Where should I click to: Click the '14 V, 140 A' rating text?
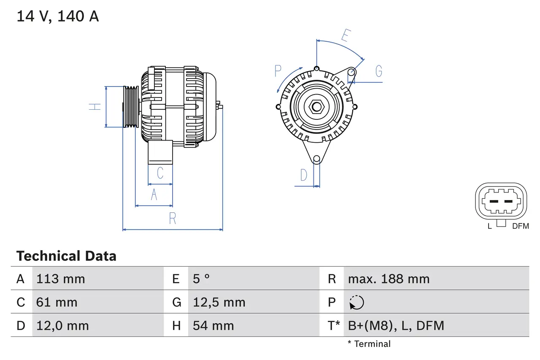point(57,16)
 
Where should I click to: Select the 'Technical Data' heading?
point(66,256)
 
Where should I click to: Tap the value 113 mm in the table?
point(61,279)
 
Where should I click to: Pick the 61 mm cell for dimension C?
point(57,302)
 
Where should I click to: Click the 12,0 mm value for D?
point(62,325)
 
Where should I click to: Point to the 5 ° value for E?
point(201,279)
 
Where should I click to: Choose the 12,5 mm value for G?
point(219,302)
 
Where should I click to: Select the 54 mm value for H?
point(213,325)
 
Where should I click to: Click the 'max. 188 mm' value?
point(389,279)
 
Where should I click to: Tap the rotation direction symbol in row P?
point(356,302)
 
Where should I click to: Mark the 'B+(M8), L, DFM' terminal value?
point(396,325)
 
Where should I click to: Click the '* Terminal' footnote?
point(369,344)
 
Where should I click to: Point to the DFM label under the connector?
point(520,226)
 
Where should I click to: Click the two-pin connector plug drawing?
point(501,201)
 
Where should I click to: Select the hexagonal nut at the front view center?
point(316,107)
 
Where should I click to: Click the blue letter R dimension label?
point(172,219)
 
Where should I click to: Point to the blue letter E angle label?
point(345,36)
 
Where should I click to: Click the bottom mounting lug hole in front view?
point(316,159)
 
